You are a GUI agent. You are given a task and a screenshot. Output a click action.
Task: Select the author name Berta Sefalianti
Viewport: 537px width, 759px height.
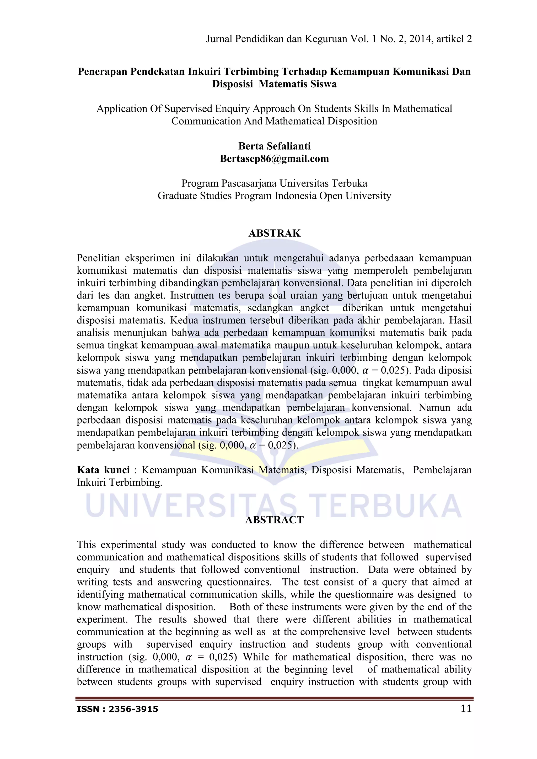pos(275,146)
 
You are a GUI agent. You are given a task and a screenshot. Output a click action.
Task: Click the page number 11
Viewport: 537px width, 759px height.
pos(466,708)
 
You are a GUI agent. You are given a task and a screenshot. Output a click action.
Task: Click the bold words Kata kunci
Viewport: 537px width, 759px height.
pos(103,470)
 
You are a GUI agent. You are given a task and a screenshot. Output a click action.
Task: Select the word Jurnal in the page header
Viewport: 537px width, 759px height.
pos(219,39)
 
